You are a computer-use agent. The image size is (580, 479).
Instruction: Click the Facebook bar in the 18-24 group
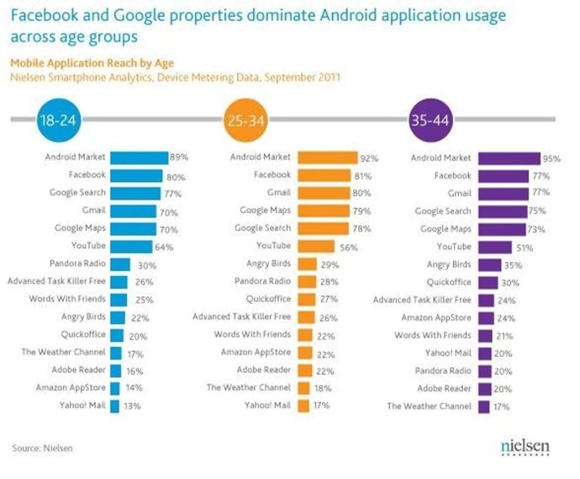(139, 175)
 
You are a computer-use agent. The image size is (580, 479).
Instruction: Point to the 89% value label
(179, 157)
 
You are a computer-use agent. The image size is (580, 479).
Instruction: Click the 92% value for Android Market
(370, 157)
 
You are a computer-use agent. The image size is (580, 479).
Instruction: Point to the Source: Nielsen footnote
(42, 448)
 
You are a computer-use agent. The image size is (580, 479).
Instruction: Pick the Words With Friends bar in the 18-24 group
(119, 299)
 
